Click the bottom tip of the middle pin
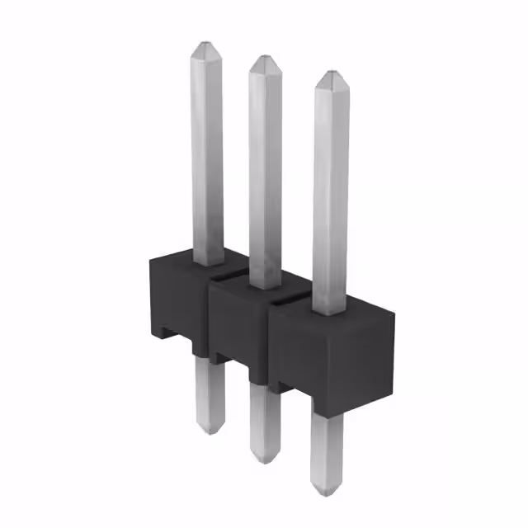click(264, 459)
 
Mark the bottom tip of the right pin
click(325, 492)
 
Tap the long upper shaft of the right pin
click(330, 190)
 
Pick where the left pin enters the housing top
click(207, 262)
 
